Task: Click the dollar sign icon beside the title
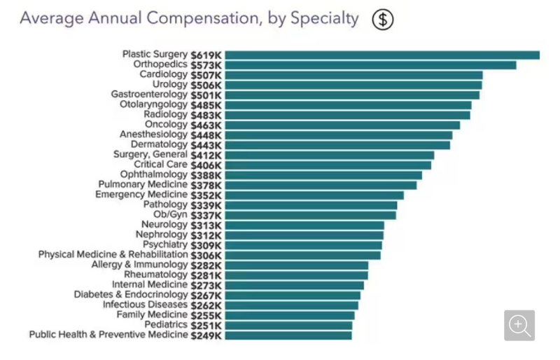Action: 382,20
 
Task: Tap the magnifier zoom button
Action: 519,325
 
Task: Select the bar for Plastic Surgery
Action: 382,55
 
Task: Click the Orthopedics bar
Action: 370,65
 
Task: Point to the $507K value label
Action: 206,76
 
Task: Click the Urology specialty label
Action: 170,84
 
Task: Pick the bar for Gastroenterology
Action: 352,95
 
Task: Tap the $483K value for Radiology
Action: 206,116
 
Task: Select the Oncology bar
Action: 342,125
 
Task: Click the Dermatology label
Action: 159,144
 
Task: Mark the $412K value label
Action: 206,155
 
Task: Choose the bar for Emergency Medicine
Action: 314,195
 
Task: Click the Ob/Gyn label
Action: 170,214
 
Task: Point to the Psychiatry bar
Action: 303,245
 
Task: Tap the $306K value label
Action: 206,256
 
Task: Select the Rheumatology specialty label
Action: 155,275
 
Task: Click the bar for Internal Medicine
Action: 294,285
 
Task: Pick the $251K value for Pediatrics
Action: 206,326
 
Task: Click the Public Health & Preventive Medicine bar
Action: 288,335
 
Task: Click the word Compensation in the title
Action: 203,19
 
